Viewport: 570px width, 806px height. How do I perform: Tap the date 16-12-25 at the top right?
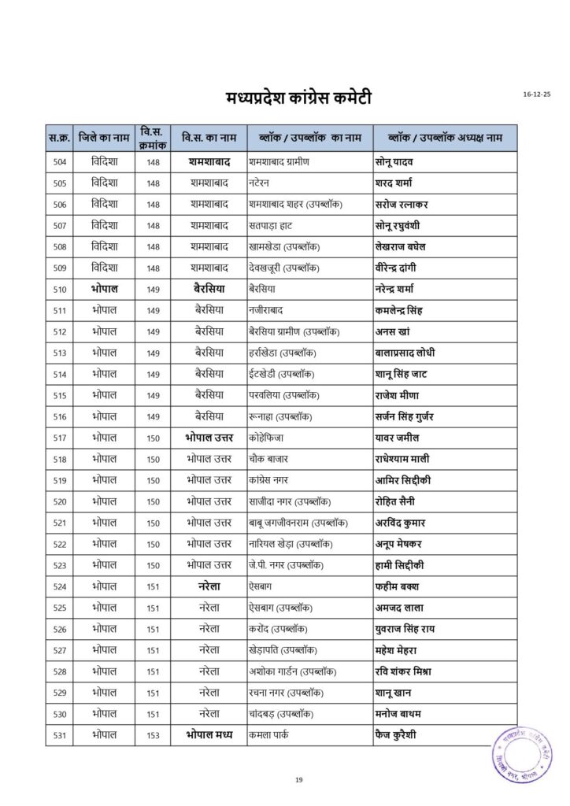(x=537, y=94)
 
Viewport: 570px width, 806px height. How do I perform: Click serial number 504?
(x=60, y=162)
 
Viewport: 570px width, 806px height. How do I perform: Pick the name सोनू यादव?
(x=399, y=162)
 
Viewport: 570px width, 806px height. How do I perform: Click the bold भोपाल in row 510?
(x=104, y=290)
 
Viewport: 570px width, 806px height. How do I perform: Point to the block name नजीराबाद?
(x=265, y=311)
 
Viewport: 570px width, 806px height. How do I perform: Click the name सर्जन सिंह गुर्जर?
(x=415, y=416)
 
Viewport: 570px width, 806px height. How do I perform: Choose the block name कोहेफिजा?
(x=265, y=438)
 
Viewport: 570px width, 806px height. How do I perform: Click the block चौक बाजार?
(x=268, y=459)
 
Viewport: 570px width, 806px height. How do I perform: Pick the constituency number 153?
(x=153, y=735)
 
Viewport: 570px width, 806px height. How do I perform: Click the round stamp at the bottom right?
(x=523, y=753)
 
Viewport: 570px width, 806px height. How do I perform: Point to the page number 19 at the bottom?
(x=299, y=780)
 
